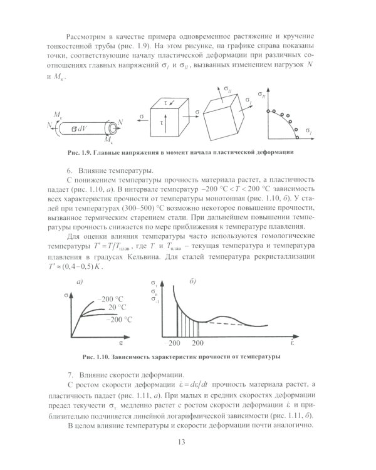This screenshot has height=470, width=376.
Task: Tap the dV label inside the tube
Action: click(78, 128)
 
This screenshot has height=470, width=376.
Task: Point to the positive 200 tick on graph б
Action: click(198, 344)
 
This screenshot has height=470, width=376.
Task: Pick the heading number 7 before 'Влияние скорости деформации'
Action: click(68, 374)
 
